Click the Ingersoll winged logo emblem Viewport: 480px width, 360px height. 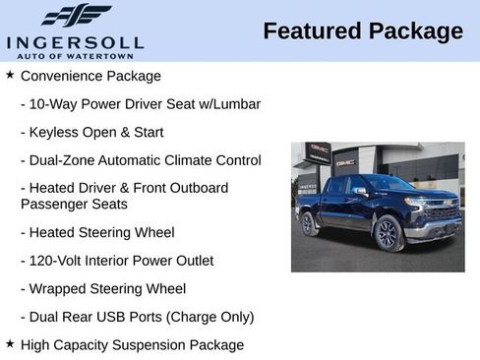[x=76, y=16]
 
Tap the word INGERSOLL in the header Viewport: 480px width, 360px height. [x=75, y=41]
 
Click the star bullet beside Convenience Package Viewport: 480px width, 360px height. [x=10, y=75]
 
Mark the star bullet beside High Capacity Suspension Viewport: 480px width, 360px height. [x=10, y=343]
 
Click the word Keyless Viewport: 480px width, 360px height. [x=56, y=132]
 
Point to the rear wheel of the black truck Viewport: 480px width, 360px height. [x=310, y=225]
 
